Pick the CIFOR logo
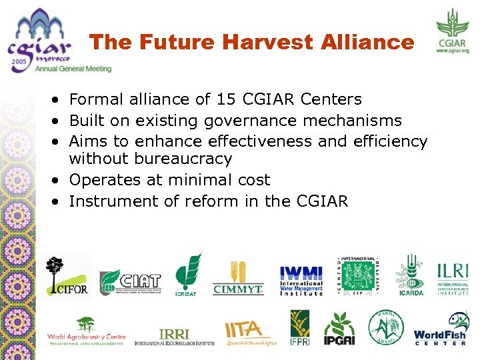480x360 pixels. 67,276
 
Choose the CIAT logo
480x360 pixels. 130,282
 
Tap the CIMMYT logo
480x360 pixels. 238,278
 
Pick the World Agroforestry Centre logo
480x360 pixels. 86,331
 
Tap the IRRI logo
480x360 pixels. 175,336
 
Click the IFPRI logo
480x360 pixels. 299,328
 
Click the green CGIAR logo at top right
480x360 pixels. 453,29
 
